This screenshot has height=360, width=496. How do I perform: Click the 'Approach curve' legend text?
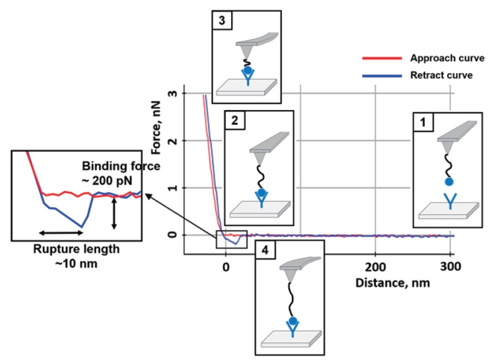447,58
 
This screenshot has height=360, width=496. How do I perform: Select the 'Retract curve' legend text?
442,76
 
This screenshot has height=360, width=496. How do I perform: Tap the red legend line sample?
382,58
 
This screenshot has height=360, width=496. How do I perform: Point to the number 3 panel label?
222,20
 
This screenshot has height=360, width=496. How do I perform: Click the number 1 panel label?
423,122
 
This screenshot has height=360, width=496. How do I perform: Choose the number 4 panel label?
265,250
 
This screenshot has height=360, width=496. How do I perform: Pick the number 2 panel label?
234,120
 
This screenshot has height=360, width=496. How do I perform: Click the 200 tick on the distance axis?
376,267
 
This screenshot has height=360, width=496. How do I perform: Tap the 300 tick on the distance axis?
451,267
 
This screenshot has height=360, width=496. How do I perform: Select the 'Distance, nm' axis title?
393,283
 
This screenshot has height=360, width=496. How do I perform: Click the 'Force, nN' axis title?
157,128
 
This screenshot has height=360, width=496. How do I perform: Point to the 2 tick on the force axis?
173,141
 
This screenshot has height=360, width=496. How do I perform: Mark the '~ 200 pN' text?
107,181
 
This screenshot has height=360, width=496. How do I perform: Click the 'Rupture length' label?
77,249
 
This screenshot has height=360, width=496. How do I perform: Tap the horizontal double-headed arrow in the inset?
61,233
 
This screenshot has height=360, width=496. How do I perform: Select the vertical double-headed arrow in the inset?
114,214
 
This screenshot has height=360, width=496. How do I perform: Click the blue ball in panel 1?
449,182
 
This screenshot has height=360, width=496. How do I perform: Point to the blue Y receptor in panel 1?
450,202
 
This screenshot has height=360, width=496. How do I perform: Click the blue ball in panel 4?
293,321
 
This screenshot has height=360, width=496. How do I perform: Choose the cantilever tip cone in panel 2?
260,159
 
